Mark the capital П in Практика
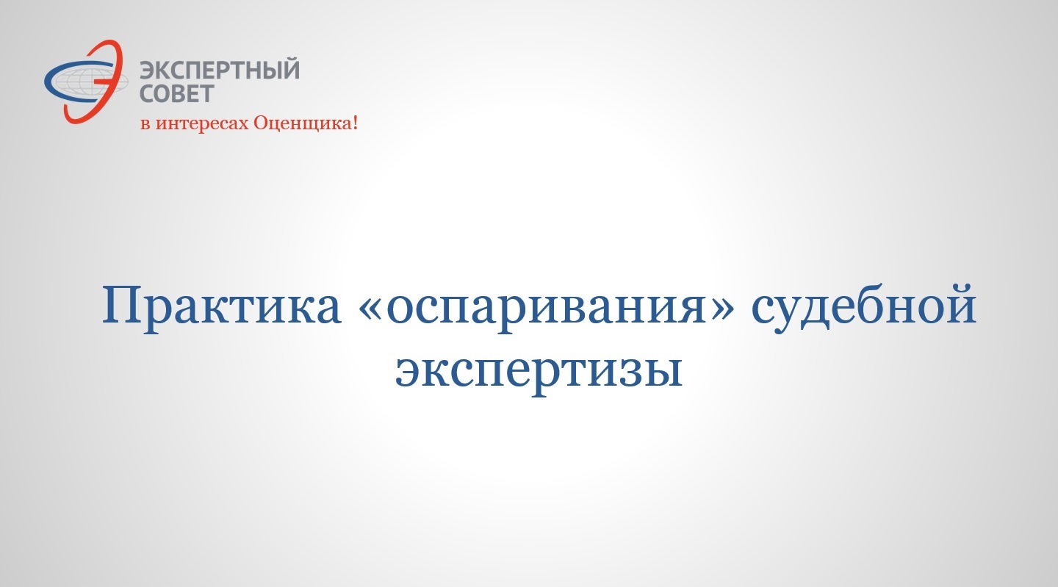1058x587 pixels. tap(123, 305)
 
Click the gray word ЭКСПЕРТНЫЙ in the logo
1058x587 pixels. tap(220, 69)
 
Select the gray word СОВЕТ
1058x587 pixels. tap(177, 93)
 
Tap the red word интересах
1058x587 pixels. tap(203, 123)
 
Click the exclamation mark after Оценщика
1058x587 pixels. tap(355, 123)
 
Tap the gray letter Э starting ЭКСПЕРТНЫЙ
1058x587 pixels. tap(148, 69)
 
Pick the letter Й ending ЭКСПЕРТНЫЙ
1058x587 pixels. tap(290, 68)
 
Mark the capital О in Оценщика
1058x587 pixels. tap(262, 123)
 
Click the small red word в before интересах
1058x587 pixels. tap(145, 125)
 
